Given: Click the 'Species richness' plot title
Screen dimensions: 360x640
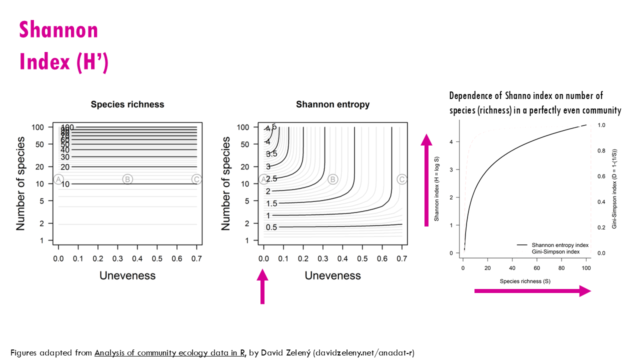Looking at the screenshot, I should pos(127,104).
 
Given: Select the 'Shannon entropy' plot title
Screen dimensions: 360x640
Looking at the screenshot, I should pos(332,104).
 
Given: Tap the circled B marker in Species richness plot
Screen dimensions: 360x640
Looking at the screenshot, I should pos(127,179).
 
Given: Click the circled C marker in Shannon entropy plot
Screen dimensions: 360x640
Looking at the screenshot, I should pos(401,179).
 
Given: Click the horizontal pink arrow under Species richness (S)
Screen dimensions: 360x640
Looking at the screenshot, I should pos(532,290).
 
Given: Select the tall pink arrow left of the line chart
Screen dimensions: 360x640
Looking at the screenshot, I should pos(426,180).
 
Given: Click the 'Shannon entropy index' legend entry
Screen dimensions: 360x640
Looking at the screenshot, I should pos(560,245).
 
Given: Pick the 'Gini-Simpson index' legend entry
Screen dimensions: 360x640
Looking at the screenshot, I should pos(555,251).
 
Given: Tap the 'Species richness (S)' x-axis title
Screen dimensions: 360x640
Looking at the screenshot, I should pos(525,281).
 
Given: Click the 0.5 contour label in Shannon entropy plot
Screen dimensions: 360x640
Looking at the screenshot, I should pos(271,227).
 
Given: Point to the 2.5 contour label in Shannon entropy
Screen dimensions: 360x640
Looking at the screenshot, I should pos(271,178).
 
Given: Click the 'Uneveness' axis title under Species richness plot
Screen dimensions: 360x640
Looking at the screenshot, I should pos(127,275).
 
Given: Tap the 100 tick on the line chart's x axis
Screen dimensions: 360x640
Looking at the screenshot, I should pos(586,268).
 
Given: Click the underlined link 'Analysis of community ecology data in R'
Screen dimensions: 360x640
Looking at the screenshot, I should pos(169,352).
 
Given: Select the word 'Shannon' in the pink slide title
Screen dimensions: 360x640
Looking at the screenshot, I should pos(59,30).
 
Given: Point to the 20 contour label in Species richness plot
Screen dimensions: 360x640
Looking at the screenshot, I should pos(64,167).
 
